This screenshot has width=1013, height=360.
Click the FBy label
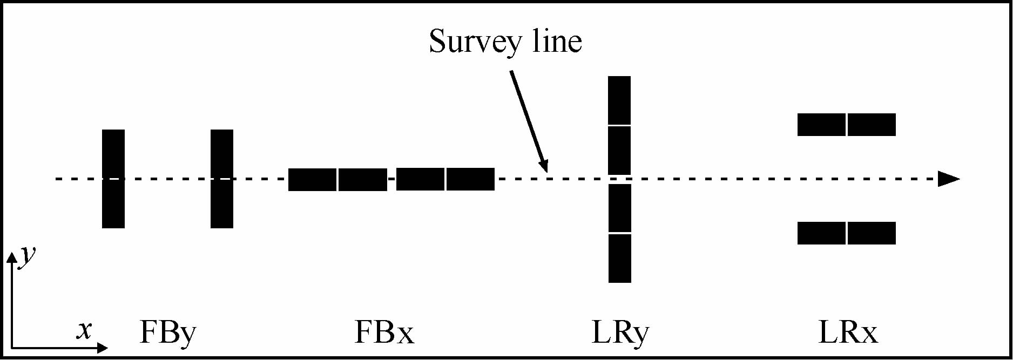pos(167,332)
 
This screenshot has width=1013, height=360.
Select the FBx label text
pos(384,332)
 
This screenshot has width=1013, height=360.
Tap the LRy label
pos(620,332)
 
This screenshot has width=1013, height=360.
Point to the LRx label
pos(847,332)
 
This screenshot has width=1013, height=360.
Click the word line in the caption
pos(557,41)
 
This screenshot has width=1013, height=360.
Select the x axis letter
pos(84,329)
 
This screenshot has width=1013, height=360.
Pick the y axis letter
pos(27,255)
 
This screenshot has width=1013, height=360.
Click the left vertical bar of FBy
pos(113,179)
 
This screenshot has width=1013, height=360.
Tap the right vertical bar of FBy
pos(222,179)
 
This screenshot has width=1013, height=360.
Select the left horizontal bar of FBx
pos(337,180)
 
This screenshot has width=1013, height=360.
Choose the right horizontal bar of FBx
pos(445,180)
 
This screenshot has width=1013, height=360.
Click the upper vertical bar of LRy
pos(619,125)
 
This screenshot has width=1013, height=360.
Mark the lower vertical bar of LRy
pos(619,233)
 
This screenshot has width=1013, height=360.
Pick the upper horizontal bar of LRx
pos(846,125)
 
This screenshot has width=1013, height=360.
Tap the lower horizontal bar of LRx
pos(846,233)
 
